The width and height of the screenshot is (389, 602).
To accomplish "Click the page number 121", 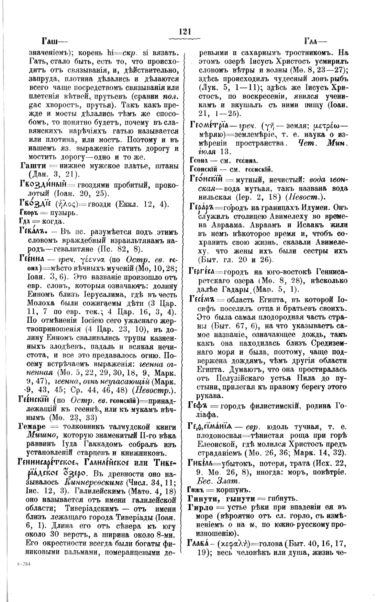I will point(185,32).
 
